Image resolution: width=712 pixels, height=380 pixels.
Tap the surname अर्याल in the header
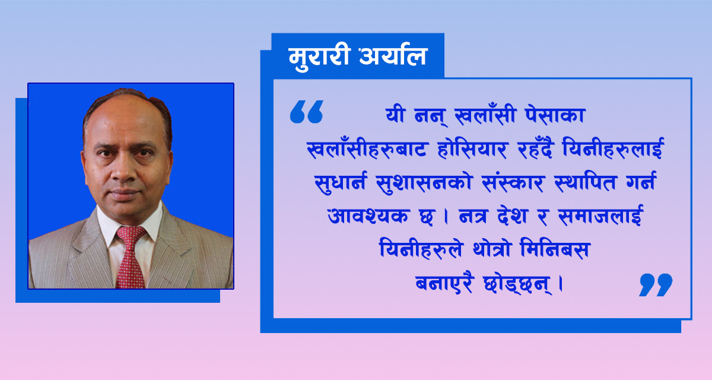[x=394, y=56]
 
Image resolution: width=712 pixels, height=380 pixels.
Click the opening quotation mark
[x=306, y=112]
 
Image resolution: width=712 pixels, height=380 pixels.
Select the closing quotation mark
[x=656, y=284]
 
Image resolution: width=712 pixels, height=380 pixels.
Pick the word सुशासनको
[x=424, y=183]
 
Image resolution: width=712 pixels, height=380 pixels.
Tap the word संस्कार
[x=513, y=182]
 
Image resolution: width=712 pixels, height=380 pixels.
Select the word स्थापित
[x=586, y=182]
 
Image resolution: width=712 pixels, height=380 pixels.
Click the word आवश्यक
[x=367, y=216]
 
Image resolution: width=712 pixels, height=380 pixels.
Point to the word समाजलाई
[x=600, y=215]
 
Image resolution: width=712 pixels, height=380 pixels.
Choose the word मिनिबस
[x=555, y=249]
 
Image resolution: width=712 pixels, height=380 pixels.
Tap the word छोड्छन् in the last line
[x=517, y=284]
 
